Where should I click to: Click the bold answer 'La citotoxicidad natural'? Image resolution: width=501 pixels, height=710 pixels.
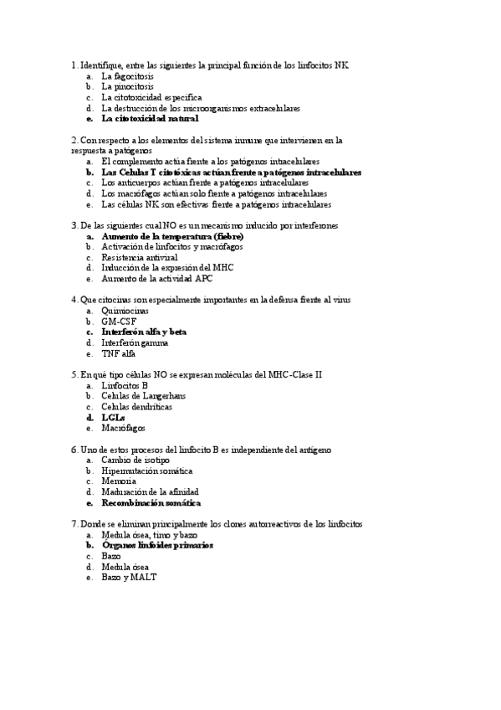point(151,119)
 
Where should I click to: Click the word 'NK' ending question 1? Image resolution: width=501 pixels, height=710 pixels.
point(342,64)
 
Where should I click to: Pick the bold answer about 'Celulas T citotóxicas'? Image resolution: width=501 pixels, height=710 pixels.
point(231,172)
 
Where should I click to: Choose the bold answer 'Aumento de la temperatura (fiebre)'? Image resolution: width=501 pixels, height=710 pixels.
point(172,237)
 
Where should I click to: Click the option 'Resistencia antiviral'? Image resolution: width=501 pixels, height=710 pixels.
point(140,258)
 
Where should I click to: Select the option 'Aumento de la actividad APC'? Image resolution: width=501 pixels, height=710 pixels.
point(157,279)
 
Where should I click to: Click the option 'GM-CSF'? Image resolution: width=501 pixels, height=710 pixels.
point(120,322)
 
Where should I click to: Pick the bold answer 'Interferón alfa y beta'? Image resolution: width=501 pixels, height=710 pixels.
point(144,332)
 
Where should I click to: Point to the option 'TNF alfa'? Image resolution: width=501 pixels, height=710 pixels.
point(119,353)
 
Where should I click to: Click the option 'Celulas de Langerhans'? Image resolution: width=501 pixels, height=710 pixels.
point(143,396)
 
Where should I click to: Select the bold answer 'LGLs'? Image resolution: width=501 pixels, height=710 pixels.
point(113,417)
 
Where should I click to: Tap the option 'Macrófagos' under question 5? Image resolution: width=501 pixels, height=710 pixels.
point(123,428)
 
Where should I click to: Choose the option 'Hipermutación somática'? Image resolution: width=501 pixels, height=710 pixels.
point(148,471)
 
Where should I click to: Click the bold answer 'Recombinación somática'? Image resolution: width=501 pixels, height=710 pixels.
point(151,503)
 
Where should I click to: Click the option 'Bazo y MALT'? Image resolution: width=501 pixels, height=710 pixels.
point(130,577)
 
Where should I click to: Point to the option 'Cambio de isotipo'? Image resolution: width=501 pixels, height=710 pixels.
point(135,460)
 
